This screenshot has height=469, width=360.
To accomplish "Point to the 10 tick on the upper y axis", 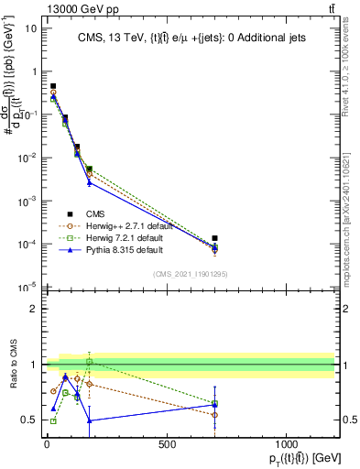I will pyautogui.click(x=30, y=27).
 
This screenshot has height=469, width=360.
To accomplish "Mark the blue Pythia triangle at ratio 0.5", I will pyautogui.click(x=89, y=420).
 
